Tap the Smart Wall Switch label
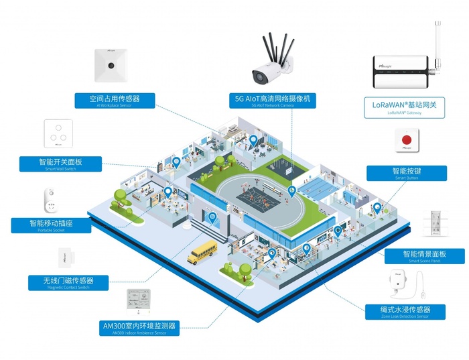click(x=60, y=164)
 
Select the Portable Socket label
click(x=50, y=226)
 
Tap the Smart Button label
click(x=403, y=173)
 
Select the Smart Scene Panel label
click(x=424, y=256)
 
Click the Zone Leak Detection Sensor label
click(x=405, y=312)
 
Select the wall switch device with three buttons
click(x=58, y=134)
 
